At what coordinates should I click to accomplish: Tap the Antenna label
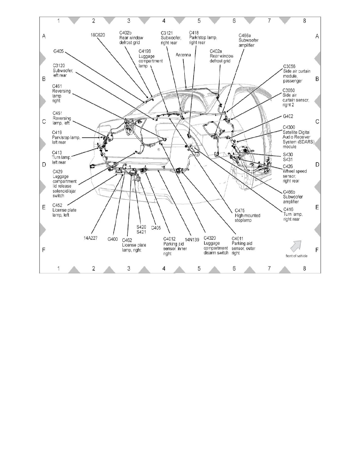click(x=184, y=55)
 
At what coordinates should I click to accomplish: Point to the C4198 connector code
click(x=145, y=51)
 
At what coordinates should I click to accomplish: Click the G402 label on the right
click(x=288, y=116)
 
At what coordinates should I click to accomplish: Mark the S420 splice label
click(x=141, y=227)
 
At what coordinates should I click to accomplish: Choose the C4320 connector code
click(x=211, y=238)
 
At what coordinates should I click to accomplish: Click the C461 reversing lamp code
click(x=58, y=86)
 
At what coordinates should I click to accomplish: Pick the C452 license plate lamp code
click(x=58, y=205)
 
